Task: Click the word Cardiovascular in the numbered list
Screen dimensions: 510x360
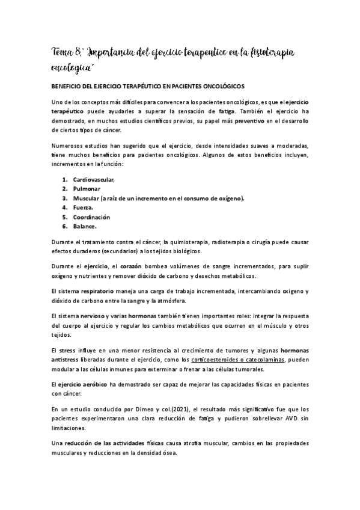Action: click(x=93, y=180)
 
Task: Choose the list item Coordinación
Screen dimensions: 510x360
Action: click(x=91, y=217)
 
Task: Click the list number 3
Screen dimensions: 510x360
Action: click(x=64, y=198)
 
